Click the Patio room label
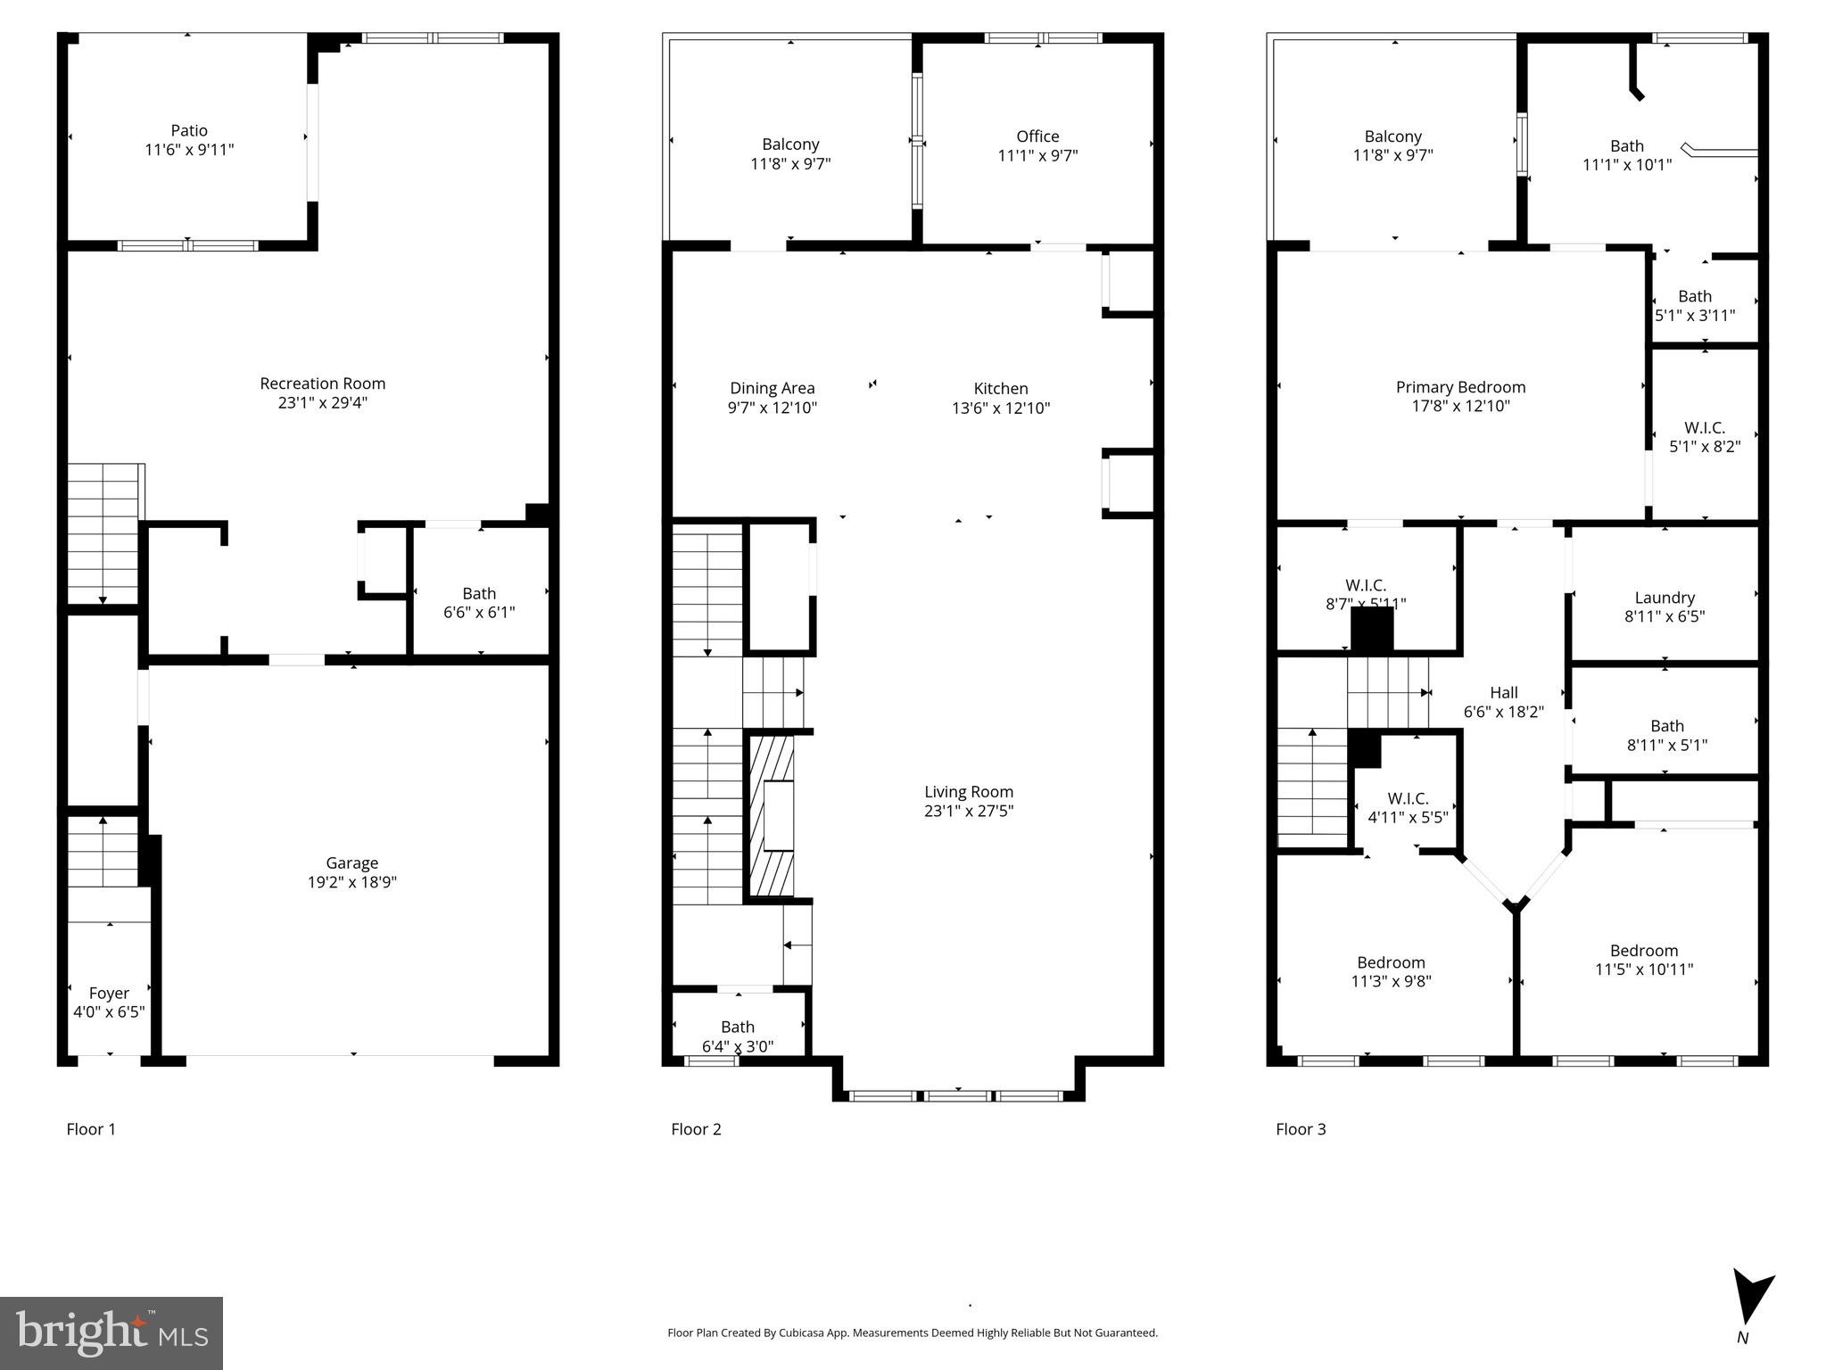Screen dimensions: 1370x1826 click(189, 131)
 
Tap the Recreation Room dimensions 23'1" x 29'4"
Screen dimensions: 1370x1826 click(322, 403)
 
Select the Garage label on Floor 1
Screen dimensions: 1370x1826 click(351, 862)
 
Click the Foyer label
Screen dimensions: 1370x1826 click(109, 993)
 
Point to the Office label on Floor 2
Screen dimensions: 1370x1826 click(1037, 136)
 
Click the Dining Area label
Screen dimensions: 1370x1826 click(772, 388)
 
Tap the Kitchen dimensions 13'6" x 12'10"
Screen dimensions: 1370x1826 click(1001, 409)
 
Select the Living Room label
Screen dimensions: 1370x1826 click(968, 791)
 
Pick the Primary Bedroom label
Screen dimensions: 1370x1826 click(1460, 387)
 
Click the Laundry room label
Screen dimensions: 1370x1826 click(1665, 598)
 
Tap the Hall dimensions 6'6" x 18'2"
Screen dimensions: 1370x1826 click(1503, 712)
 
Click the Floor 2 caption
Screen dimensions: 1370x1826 click(696, 1129)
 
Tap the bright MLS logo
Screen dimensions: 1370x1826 click(111, 1333)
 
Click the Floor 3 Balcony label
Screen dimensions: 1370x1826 click(1392, 136)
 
